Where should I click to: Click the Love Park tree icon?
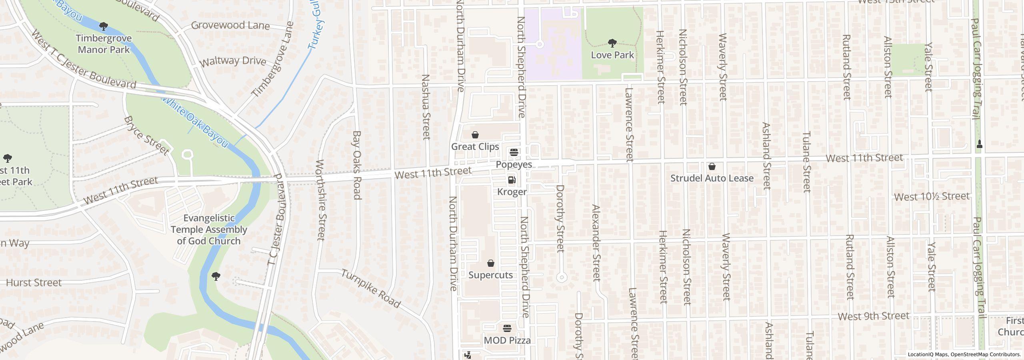(x=612, y=43)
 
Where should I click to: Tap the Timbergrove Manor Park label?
(x=104, y=44)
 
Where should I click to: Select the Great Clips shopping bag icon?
(x=475, y=135)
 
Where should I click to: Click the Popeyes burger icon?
(x=514, y=152)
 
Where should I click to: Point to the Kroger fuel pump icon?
(x=512, y=180)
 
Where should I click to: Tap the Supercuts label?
(x=490, y=275)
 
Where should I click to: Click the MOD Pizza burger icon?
(x=507, y=329)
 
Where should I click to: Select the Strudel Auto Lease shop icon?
(x=712, y=166)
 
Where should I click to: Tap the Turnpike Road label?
(x=370, y=289)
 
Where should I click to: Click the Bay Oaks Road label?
(x=357, y=165)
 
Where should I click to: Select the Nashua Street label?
(x=426, y=107)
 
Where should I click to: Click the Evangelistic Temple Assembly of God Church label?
(x=209, y=230)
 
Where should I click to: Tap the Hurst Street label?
(x=34, y=283)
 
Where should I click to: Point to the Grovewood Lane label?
(x=230, y=26)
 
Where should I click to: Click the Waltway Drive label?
(x=233, y=62)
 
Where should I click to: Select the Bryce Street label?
(x=146, y=136)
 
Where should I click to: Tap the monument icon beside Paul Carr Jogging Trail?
(x=980, y=144)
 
